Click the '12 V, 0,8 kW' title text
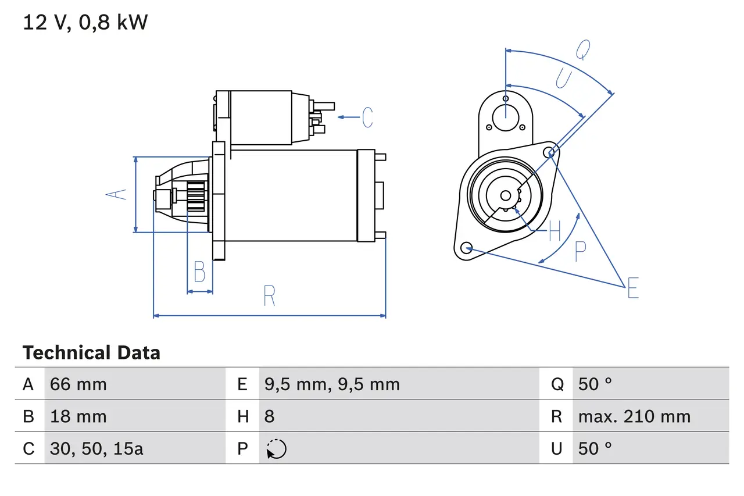point(85,23)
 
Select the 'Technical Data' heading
point(91,353)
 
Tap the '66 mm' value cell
point(78,384)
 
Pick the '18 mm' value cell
point(78,416)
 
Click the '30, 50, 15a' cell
point(96,448)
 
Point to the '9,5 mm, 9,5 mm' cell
point(332,384)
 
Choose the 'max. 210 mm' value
point(634,416)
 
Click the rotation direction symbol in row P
point(276,448)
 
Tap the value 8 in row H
point(269,416)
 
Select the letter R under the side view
point(269,297)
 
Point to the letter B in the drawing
point(199,272)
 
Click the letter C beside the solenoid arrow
point(367,117)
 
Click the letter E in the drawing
point(633,288)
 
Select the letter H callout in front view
point(555,231)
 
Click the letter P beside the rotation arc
point(580,251)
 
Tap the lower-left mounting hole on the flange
point(465,248)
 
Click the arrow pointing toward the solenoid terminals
point(348,117)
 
